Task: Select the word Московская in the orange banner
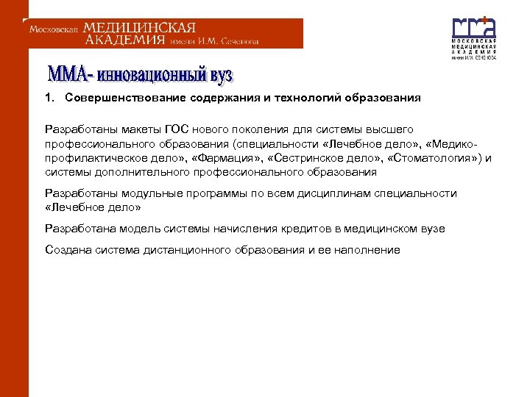click(x=54, y=30)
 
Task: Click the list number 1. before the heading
click(x=49, y=97)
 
